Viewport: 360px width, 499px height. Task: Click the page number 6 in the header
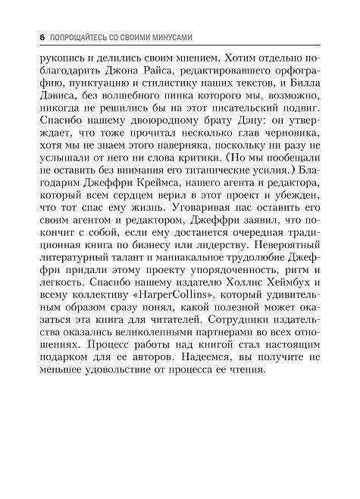(x=27, y=36)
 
